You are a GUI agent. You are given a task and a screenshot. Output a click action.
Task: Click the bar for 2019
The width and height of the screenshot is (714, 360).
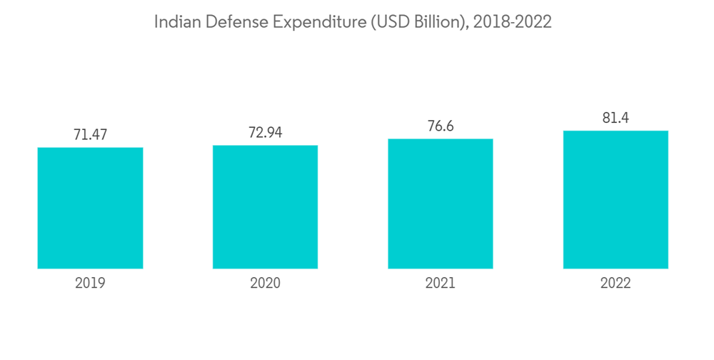click(x=90, y=208)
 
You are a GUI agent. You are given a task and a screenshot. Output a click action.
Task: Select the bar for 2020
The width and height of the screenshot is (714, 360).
click(x=265, y=206)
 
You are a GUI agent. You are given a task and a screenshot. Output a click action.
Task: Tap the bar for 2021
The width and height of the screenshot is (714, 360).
click(x=441, y=204)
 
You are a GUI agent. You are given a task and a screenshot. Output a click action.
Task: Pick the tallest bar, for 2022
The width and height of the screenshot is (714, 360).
click(x=615, y=199)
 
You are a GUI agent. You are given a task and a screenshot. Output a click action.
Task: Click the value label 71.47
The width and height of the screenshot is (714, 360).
click(x=90, y=134)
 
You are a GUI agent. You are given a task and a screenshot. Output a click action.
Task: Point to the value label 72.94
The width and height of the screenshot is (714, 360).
click(x=265, y=131)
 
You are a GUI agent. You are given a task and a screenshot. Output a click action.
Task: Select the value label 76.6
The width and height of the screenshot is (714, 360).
click(x=441, y=126)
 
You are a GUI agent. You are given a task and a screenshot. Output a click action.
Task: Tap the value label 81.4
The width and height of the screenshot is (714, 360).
click(x=615, y=118)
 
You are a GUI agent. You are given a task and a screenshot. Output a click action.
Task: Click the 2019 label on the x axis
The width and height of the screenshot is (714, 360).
click(x=90, y=284)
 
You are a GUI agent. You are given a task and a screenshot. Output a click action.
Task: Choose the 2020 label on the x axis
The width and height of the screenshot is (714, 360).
click(x=265, y=284)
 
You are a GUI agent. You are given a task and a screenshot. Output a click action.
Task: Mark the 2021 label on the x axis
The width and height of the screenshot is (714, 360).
click(x=441, y=284)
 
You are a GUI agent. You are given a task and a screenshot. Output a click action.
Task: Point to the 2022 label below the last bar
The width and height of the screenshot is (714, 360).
click(x=615, y=284)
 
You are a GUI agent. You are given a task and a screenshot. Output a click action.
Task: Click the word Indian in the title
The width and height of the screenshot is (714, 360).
click(x=177, y=22)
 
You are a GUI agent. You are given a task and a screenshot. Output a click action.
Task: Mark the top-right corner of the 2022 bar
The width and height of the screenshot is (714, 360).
click(x=668, y=131)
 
